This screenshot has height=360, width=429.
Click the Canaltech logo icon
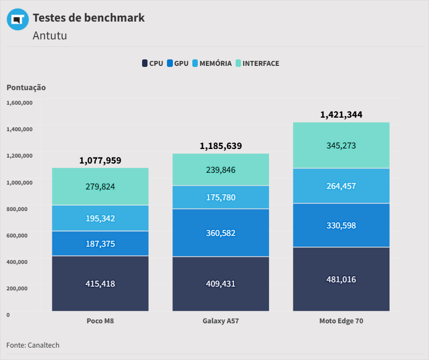coord(18,19)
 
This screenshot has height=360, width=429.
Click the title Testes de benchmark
coord(89,18)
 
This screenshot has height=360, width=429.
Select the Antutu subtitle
coord(50,36)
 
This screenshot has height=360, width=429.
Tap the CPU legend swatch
coord(145,63)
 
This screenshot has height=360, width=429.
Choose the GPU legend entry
coord(178,63)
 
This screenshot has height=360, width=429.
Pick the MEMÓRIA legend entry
coord(212,63)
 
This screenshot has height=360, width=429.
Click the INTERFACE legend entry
coord(258,63)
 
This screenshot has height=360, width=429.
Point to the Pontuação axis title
coord(26,87)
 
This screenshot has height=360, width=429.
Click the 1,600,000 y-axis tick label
coord(19,103)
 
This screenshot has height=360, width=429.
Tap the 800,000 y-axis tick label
coord(17,209)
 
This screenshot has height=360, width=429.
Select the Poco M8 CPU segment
coord(100,283)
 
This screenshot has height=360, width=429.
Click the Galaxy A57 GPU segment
coord(221,233)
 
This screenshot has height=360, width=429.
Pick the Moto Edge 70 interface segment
coord(341,145)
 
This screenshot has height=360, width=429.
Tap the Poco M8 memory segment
coord(100,218)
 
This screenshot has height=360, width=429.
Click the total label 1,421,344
coord(341,114)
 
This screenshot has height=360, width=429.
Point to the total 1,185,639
coord(221,146)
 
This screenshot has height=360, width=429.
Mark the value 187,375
coord(100,244)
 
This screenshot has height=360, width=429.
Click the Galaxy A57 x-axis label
coord(221,321)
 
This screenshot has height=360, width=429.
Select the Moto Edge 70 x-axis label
coord(341,321)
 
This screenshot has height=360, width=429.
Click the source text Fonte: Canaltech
coord(33,345)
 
